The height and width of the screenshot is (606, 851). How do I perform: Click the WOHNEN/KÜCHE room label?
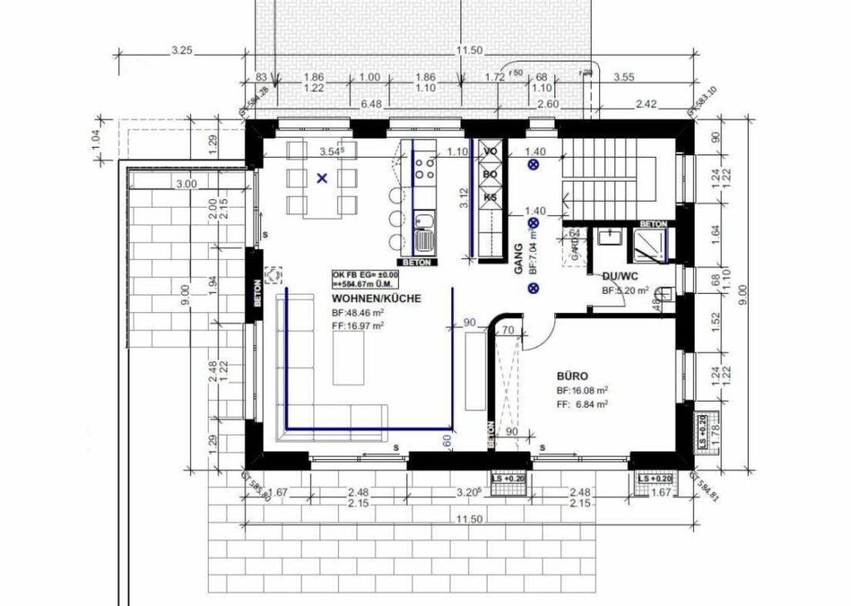(x=376, y=298)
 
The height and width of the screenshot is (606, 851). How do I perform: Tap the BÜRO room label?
(x=573, y=375)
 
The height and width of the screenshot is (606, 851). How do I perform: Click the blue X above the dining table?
(x=322, y=177)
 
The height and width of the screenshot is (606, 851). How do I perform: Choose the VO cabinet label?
(x=490, y=152)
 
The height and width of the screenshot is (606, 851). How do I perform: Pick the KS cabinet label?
(x=490, y=198)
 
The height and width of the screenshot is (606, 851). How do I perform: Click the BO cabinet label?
(x=490, y=174)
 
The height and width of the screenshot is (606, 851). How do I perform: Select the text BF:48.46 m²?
(x=357, y=313)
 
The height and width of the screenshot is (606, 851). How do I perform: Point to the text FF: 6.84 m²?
(x=583, y=403)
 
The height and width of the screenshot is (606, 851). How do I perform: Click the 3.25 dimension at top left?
(x=181, y=51)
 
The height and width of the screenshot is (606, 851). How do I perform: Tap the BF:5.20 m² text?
(x=625, y=291)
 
